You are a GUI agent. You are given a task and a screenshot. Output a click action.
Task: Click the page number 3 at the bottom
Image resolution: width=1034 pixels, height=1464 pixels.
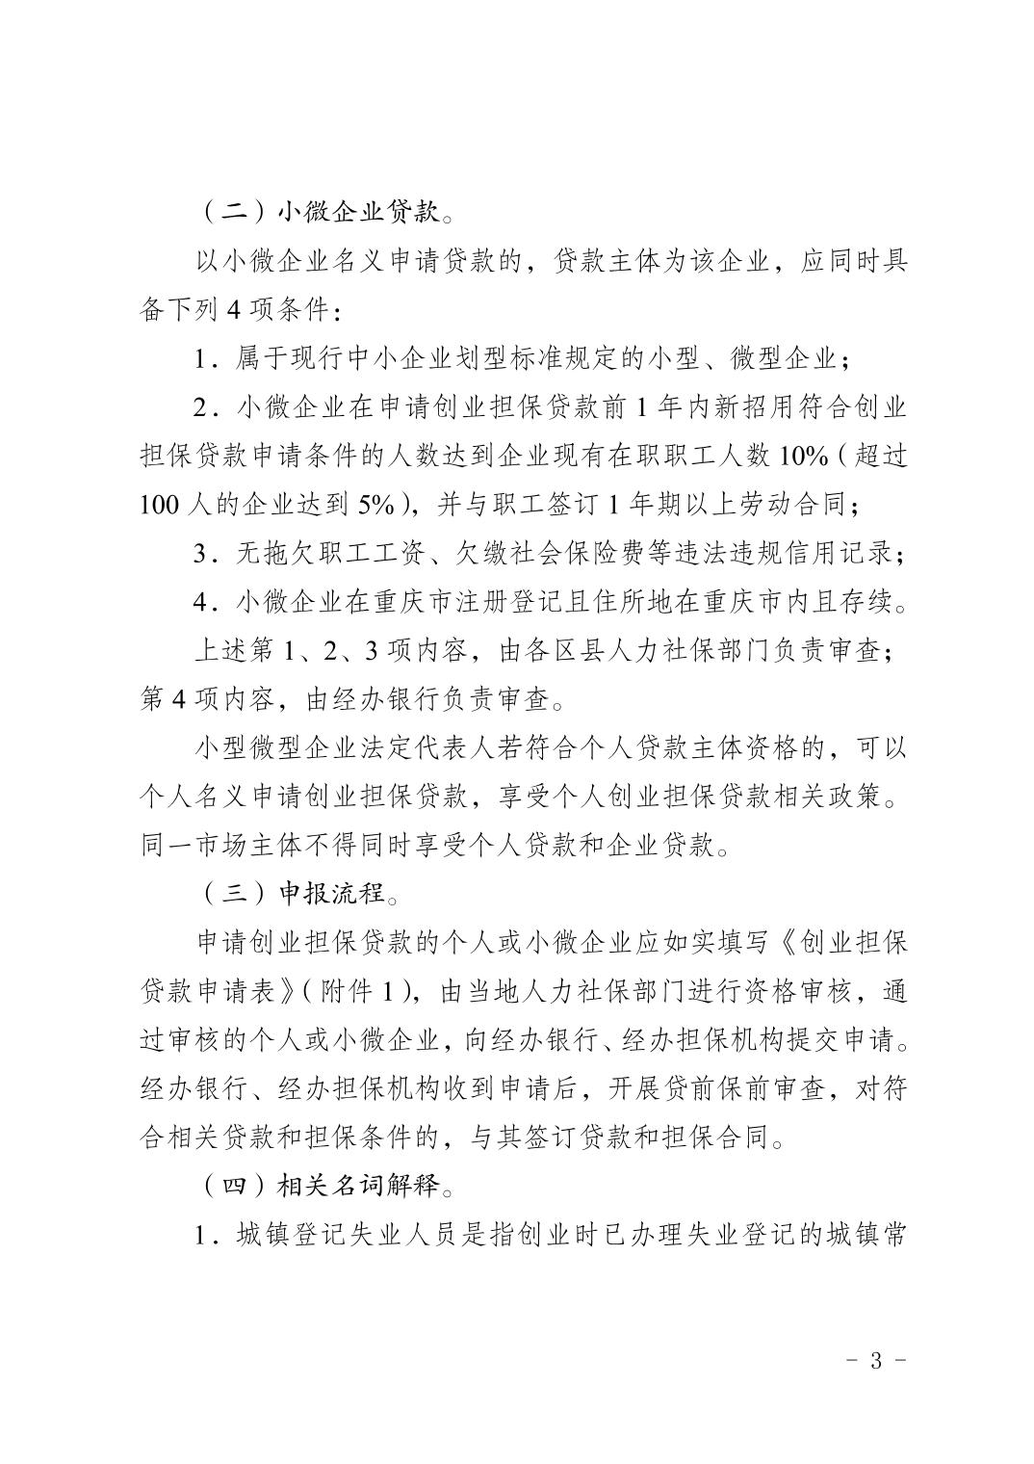[875, 1361]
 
